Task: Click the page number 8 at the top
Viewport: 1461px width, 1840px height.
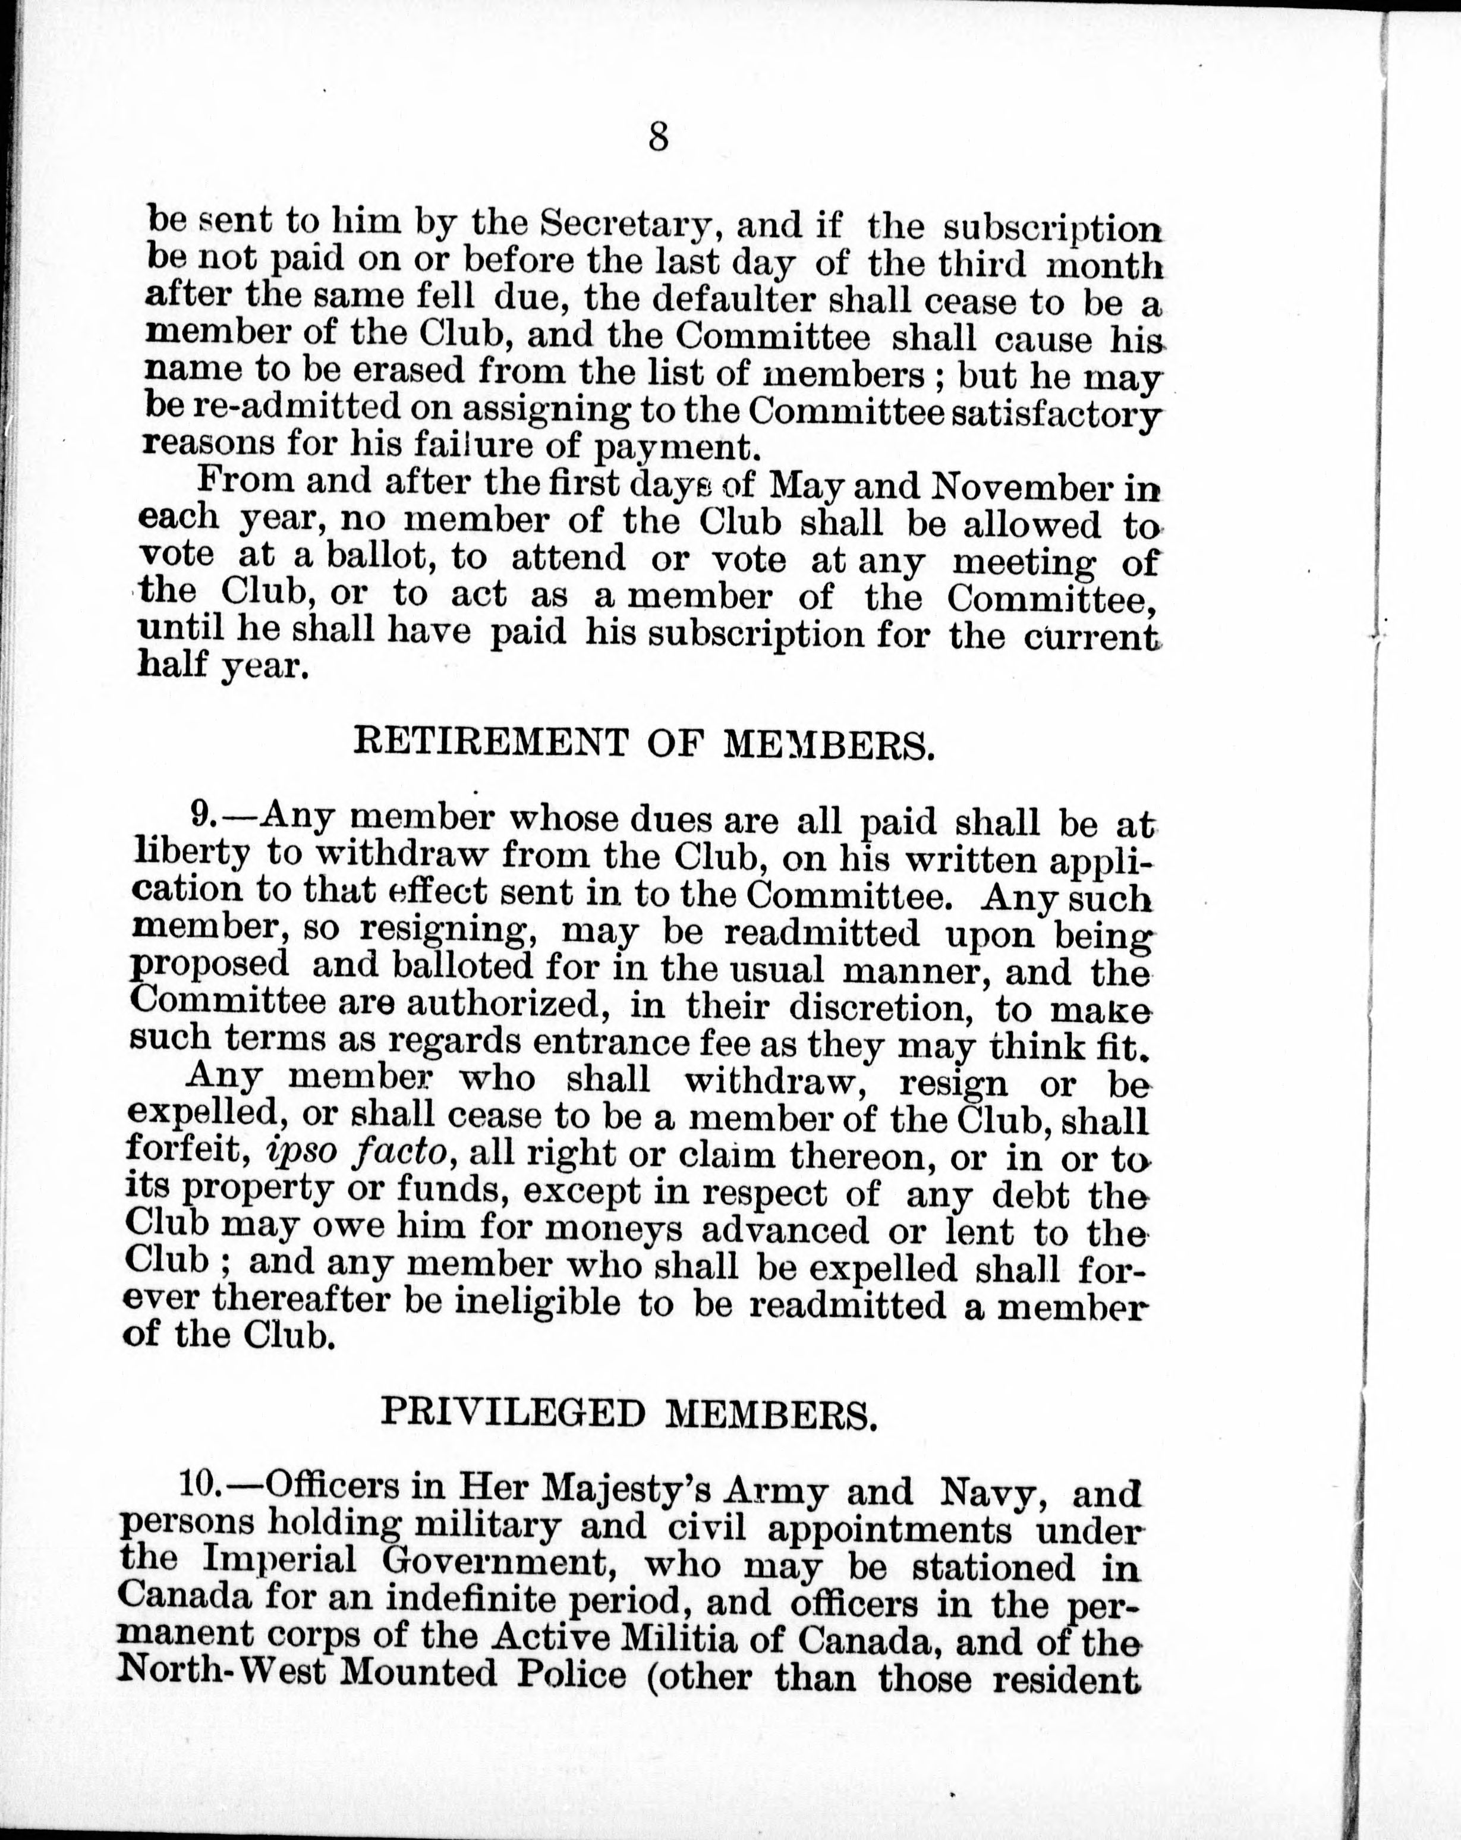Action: (x=657, y=137)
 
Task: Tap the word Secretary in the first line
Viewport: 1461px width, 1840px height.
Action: (x=626, y=225)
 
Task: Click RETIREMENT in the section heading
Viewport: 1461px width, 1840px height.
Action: (x=490, y=744)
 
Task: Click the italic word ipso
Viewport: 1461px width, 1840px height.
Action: (x=295, y=1154)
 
